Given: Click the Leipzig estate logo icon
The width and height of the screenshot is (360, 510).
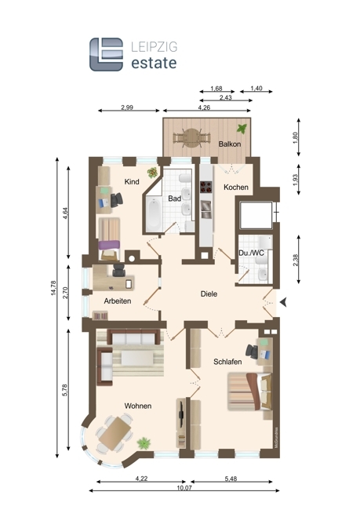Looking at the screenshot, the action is click(107, 54).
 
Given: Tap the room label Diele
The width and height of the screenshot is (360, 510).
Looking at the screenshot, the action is click(209, 294).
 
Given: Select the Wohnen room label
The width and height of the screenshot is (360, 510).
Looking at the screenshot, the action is click(138, 406).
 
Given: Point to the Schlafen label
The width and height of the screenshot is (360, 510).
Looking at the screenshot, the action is click(227, 362).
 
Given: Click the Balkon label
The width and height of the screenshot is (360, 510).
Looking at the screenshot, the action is click(230, 144).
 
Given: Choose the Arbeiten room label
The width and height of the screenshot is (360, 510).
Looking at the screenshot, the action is click(118, 301).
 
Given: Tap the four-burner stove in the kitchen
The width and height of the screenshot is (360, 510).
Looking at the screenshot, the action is click(205, 187).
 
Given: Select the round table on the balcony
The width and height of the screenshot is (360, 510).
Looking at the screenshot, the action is click(191, 138).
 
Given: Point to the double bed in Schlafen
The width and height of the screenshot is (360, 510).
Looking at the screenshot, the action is click(249, 392).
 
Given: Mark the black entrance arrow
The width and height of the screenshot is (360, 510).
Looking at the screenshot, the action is click(283, 302).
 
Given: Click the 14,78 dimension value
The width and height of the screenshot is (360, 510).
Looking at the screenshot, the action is click(53, 288).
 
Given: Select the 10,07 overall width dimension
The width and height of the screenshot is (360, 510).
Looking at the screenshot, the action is click(184, 487).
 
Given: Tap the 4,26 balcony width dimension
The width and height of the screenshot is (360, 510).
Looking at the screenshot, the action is click(204, 107).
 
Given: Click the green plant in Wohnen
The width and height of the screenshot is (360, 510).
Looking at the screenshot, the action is click(144, 443).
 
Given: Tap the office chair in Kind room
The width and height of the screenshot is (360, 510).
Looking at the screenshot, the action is click(116, 200).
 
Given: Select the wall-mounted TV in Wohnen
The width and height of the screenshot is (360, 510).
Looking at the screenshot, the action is click(181, 413).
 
